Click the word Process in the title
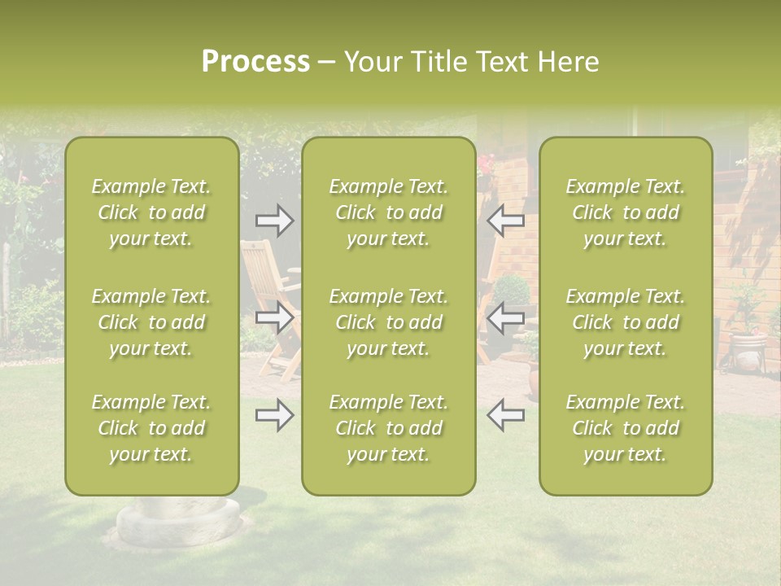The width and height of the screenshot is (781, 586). click(255, 62)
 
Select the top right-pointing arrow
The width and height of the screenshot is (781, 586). click(274, 220)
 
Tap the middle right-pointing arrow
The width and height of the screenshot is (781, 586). click(274, 317)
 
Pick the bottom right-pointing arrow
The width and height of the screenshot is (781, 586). click(274, 415)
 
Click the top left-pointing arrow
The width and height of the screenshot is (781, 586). click(506, 220)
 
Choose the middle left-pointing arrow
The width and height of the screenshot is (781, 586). click(506, 317)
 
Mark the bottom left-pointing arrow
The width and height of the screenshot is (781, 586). click(506, 415)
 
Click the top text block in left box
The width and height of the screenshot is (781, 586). click(151, 212)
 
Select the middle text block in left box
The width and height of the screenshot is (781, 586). click(151, 322)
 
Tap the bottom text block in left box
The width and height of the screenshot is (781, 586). click(151, 428)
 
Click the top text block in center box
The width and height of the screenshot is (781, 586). click(388, 212)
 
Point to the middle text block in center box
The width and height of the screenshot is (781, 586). click(388, 322)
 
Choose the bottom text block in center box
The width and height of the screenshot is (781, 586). click(388, 428)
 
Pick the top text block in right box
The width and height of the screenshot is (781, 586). click(625, 212)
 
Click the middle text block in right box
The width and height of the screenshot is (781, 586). click(625, 322)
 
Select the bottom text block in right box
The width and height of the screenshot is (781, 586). click(625, 428)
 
